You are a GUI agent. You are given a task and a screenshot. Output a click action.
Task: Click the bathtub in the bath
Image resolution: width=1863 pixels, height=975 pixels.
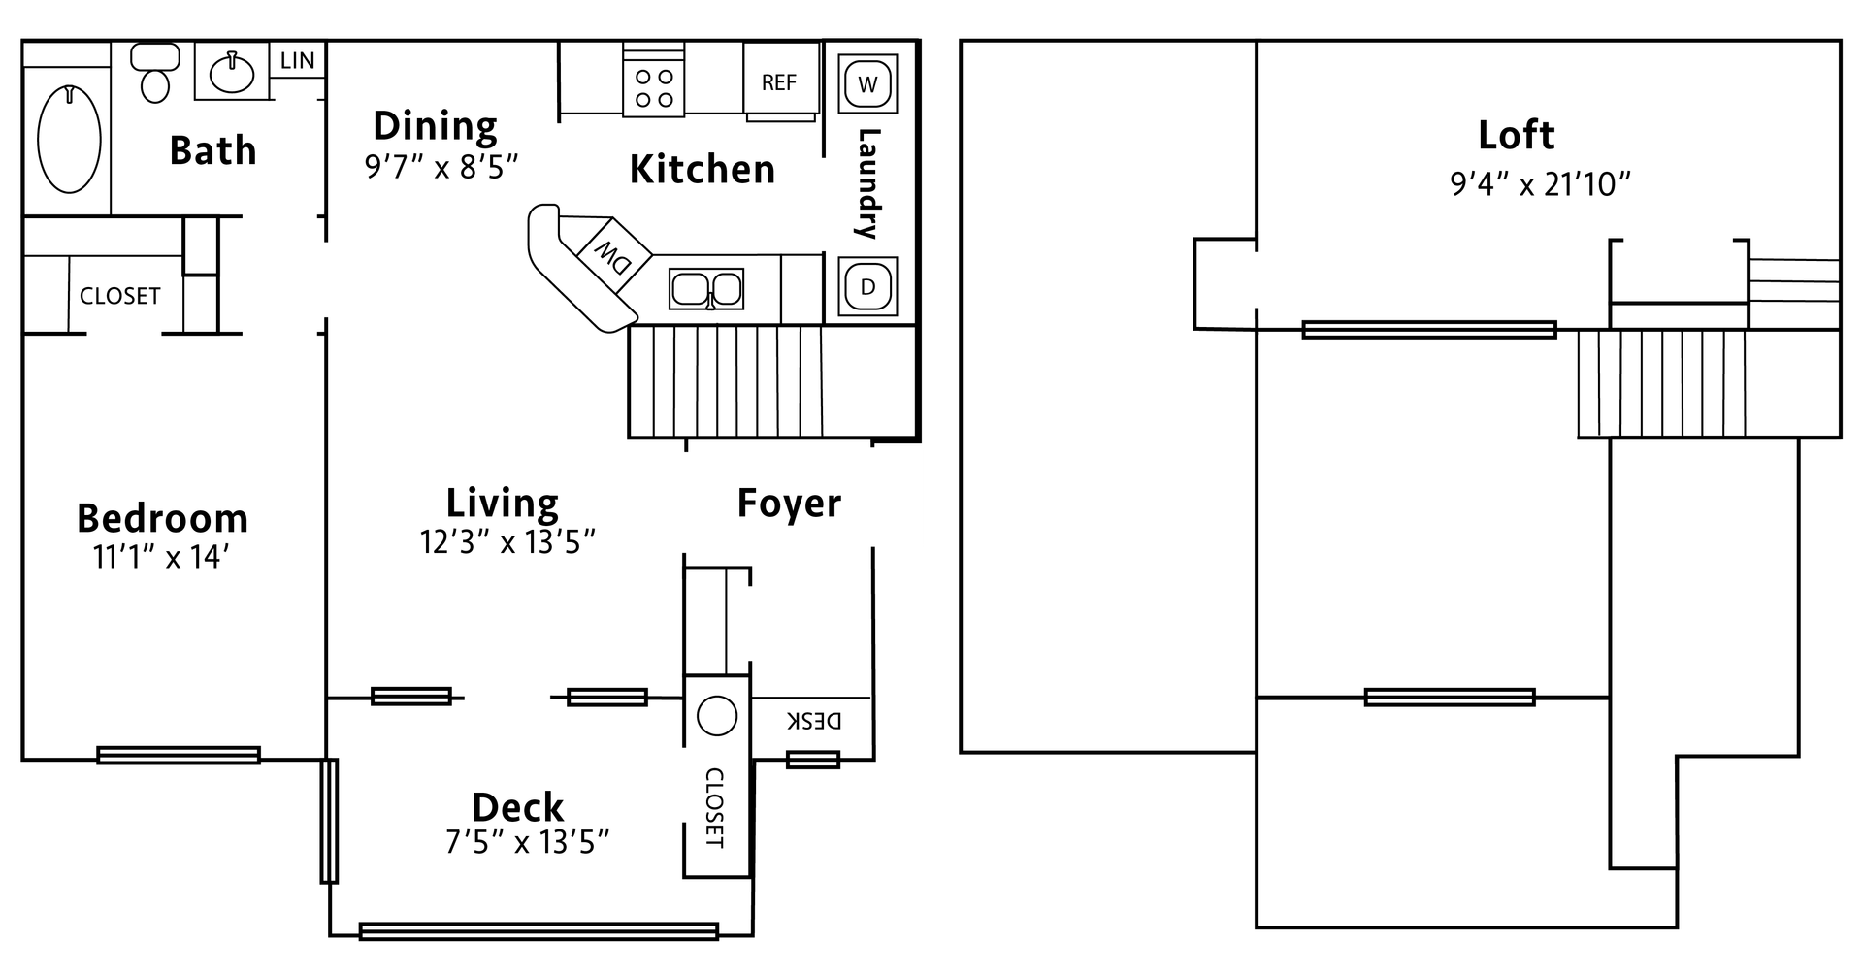click(69, 139)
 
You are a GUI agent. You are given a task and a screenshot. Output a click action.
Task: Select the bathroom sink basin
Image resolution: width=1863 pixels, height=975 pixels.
click(231, 71)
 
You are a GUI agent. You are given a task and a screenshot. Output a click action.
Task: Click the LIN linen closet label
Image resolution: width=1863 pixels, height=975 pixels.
click(297, 61)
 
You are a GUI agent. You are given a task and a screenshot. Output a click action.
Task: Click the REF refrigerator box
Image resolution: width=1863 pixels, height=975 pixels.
click(778, 83)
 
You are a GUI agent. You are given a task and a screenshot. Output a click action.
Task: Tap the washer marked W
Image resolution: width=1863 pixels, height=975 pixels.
click(867, 84)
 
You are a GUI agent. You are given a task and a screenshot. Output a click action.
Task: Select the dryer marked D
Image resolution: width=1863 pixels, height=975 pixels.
click(867, 287)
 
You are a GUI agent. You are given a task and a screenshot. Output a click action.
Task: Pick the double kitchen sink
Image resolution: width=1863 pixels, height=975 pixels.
click(706, 289)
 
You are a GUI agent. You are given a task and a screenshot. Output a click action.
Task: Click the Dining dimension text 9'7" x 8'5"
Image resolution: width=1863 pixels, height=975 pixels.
click(441, 167)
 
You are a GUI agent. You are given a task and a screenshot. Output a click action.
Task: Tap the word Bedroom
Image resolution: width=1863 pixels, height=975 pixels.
click(162, 519)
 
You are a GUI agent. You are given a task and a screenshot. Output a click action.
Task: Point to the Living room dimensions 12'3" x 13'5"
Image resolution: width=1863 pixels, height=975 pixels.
click(507, 541)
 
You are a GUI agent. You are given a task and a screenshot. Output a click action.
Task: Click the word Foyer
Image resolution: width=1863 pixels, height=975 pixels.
click(789, 504)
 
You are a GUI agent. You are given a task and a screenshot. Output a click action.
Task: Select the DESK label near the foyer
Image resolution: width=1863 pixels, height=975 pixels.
click(813, 721)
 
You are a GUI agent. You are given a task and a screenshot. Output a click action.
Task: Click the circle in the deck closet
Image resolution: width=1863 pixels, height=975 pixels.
click(717, 716)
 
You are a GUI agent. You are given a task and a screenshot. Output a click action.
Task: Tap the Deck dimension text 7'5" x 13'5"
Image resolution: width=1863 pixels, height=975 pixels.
click(527, 842)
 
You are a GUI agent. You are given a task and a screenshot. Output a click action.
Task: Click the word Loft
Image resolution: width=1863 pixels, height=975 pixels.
click(1516, 135)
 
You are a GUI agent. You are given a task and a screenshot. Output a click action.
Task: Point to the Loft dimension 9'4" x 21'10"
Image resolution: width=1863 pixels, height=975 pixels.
click(1540, 183)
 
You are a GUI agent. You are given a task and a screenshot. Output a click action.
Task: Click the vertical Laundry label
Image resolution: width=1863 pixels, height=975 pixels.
click(866, 183)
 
